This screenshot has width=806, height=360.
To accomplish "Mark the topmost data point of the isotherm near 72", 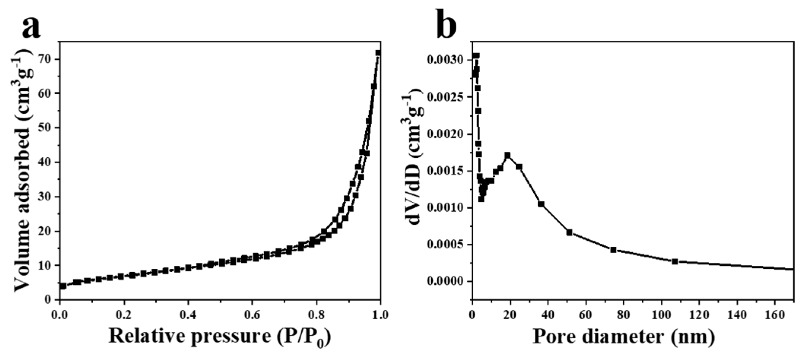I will click(x=378, y=53).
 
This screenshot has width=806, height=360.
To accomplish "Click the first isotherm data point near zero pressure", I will click(x=63, y=286).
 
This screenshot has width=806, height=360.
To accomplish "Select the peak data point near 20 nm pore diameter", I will click(x=507, y=155).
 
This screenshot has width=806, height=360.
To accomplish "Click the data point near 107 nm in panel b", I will click(x=675, y=262).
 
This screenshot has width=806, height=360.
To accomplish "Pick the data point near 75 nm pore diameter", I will click(x=613, y=250).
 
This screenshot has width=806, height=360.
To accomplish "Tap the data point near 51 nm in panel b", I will click(x=569, y=232).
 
